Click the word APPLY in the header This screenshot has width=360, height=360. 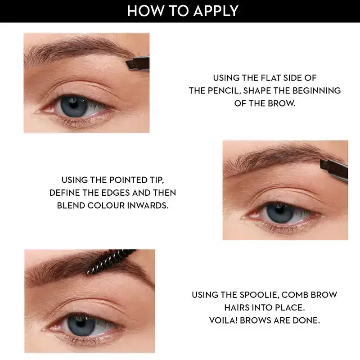pyautogui.click(x=216, y=11)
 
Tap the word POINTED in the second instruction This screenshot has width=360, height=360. pyautogui.click(x=125, y=180)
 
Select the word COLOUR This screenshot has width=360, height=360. pyautogui.click(x=106, y=206)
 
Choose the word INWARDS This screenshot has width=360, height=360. pyautogui.click(x=148, y=206)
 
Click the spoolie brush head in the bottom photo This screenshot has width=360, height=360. pyautogui.click(x=108, y=262)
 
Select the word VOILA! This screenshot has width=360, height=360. pyautogui.click(x=223, y=320)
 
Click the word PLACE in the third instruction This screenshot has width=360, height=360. pyautogui.click(x=291, y=308)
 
